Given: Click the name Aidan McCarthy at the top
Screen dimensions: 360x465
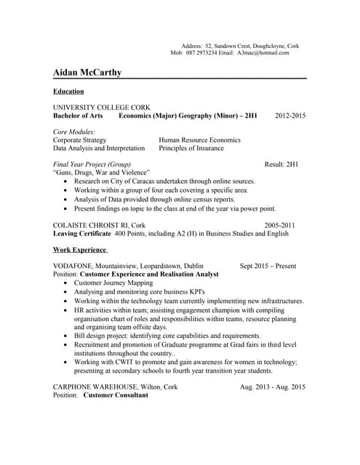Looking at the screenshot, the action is tap(87, 73).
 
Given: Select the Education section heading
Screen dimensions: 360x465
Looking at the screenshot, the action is tap(68, 92).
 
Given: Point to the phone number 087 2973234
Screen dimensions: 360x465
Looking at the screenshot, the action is tap(201, 53).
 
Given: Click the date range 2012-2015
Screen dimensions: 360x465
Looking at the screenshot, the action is tap(290, 116).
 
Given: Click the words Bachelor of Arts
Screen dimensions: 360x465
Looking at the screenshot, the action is tap(79, 116).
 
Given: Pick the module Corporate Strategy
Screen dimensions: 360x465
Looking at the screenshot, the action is tap(80, 139).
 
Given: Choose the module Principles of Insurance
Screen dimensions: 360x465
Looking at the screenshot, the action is tap(194, 147).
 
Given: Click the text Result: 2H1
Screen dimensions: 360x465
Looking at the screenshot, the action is tap(281, 164).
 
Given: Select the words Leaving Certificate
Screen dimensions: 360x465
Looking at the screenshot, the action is tap(82, 234).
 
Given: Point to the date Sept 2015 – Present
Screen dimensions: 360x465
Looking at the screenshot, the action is tap(268, 266).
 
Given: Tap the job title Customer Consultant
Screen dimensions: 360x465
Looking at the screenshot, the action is tap(116, 395).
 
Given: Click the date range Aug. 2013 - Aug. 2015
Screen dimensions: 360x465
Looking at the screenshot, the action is tap(273, 387).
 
